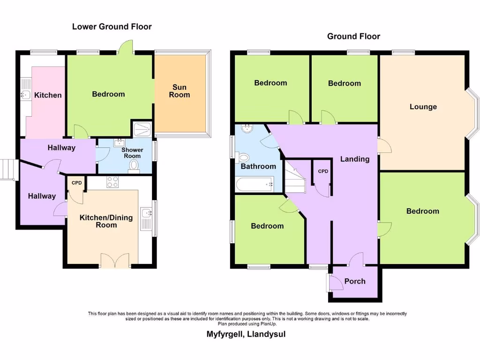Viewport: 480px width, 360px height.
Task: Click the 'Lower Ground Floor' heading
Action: pyautogui.click(x=112, y=27)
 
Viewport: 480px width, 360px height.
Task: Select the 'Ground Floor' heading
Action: pyautogui.click(x=353, y=36)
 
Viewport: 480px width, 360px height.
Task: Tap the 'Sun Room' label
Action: pyautogui.click(x=179, y=91)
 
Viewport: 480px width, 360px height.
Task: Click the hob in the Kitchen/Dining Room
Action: pyautogui.click(x=112, y=182)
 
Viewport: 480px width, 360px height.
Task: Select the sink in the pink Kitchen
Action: pyautogui.click(x=25, y=95)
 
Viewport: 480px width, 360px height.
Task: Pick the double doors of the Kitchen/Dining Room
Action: pyautogui.click(x=114, y=260)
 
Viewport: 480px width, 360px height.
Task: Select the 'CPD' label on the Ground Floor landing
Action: pyautogui.click(x=323, y=172)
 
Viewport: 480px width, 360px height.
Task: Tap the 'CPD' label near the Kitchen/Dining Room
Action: pyautogui.click(x=76, y=183)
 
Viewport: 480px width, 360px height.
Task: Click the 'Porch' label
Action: pyautogui.click(x=355, y=281)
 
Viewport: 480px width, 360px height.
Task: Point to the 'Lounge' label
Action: pyautogui.click(x=423, y=107)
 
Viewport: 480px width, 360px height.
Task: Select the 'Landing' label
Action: pyautogui.click(x=355, y=159)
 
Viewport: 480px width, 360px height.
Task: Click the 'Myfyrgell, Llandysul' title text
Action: pyautogui.click(x=246, y=334)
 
